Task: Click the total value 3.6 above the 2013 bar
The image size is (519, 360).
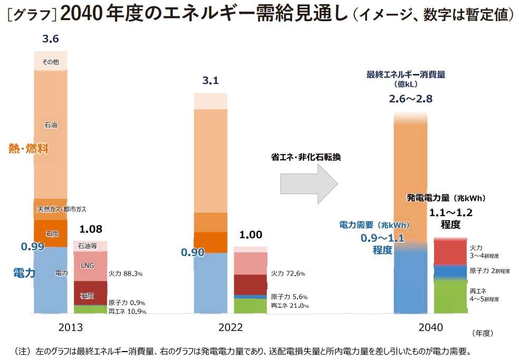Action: click(50, 39)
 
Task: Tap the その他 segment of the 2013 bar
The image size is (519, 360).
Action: click(51, 62)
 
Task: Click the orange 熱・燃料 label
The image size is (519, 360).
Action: click(28, 149)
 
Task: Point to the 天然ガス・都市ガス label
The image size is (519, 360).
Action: click(62, 210)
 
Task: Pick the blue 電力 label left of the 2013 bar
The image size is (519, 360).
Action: click(24, 273)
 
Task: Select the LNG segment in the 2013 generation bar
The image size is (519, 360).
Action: click(87, 266)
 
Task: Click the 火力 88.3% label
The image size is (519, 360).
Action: click(126, 274)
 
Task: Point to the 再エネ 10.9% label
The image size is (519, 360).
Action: click(127, 311)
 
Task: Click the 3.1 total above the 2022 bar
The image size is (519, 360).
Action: click(210, 81)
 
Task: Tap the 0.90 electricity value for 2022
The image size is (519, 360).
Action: click(193, 253)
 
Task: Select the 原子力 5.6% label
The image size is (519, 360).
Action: click(289, 297)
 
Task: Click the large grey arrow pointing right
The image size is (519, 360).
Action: click(308, 183)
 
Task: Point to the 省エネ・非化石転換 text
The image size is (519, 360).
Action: click(306, 157)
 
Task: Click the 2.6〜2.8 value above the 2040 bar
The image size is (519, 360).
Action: click(410, 99)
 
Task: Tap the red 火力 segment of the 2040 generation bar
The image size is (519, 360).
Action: click(450, 251)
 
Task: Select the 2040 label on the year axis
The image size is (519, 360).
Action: click(431, 328)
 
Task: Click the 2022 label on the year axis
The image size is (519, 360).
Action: click(230, 328)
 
